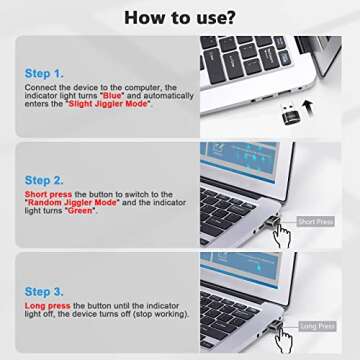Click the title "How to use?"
coord(180,17)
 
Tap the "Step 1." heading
coord(46,73)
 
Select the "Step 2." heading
coord(46,181)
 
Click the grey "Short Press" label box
coord(314,221)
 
